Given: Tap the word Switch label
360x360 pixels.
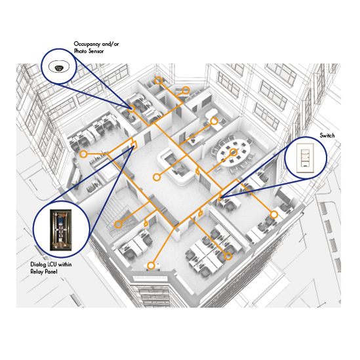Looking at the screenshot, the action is pyautogui.click(x=327, y=136).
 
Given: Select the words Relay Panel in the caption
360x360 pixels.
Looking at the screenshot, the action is pyautogui.click(x=44, y=271).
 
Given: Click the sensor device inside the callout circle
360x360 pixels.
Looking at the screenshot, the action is pyautogui.click(x=59, y=68).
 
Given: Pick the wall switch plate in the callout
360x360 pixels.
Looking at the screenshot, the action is pyautogui.click(x=305, y=158).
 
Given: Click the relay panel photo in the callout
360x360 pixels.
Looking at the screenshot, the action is pyautogui.click(x=60, y=230).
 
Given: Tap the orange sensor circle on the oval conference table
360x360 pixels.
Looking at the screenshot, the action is pyautogui.click(x=233, y=152).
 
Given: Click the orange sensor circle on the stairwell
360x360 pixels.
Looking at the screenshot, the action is pyautogui.click(x=118, y=224).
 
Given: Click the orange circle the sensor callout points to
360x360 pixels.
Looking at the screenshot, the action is pyautogui.click(x=131, y=108).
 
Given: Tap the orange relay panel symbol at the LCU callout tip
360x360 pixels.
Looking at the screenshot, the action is pyautogui.click(x=133, y=145).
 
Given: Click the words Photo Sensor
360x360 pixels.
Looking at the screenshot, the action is pyautogui.click(x=89, y=51).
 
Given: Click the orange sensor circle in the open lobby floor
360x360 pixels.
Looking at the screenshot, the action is pyautogui.click(x=157, y=177).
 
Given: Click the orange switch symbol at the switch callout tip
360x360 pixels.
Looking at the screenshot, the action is pyautogui.click(x=220, y=197).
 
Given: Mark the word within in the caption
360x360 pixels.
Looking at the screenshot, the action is pyautogui.click(x=65, y=264).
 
